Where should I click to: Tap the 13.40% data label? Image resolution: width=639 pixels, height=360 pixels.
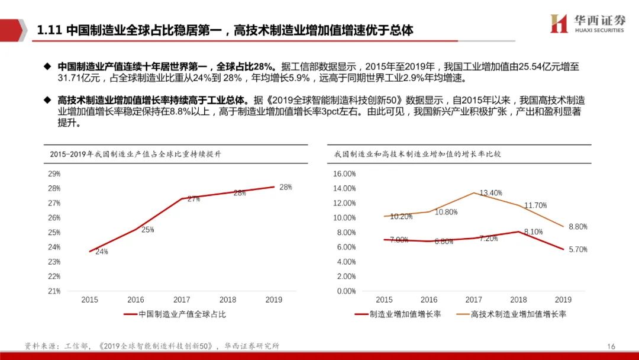490,193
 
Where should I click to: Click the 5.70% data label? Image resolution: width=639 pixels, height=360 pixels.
578,250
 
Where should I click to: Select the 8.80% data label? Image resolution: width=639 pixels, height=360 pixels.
578,227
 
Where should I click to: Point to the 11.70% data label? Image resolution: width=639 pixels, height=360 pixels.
535,205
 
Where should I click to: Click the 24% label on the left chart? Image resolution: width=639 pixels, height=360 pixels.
102,252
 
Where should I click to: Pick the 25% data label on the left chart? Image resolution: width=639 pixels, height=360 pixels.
148,230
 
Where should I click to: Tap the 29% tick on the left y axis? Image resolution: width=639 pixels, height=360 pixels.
54,174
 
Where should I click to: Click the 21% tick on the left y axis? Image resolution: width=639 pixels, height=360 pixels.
54,291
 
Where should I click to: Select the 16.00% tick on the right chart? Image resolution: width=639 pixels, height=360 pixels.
344,174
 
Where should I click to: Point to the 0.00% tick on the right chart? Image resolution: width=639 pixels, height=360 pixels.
346,291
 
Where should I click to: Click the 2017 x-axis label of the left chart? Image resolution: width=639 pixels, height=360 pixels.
182,300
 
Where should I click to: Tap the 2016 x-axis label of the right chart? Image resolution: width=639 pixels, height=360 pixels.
429,300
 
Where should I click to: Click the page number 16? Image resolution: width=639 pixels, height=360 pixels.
611,346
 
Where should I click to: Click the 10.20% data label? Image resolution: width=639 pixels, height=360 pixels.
401,217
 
